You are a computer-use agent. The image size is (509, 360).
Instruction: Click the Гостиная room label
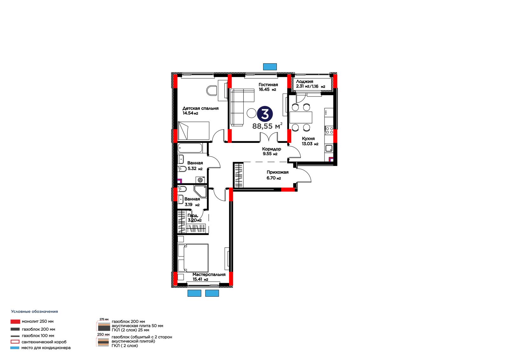(x=268, y=85)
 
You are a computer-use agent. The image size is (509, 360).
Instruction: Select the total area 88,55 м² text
(x=267, y=125)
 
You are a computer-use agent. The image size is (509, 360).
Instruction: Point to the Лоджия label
(x=304, y=81)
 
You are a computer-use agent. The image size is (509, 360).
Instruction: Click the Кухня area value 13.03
(x=307, y=144)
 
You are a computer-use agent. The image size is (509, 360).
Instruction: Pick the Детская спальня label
(x=200, y=108)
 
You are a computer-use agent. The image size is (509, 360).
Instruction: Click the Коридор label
(x=272, y=149)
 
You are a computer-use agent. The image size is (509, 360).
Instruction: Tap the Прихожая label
(x=277, y=172)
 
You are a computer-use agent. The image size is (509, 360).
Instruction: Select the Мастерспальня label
(x=209, y=274)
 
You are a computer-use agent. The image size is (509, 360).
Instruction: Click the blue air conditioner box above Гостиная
(x=270, y=67)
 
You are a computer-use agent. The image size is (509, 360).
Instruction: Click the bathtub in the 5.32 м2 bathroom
(x=190, y=148)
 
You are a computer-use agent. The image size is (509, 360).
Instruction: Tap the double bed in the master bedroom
(x=193, y=258)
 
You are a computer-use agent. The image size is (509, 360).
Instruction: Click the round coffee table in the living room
(x=252, y=113)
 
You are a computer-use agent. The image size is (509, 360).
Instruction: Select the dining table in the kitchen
(x=301, y=117)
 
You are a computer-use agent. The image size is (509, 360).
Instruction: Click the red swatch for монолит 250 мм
(x=15, y=321)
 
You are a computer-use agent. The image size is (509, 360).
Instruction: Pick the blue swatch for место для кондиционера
(x=15, y=348)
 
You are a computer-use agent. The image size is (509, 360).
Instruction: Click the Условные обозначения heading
(x=35, y=312)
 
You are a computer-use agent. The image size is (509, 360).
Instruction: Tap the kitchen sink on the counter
(x=329, y=149)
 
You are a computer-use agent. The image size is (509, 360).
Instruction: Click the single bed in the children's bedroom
(x=194, y=131)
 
